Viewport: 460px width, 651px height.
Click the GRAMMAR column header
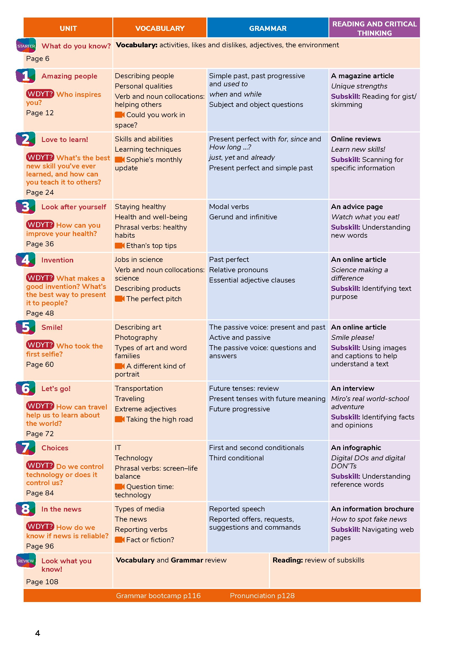[268, 28]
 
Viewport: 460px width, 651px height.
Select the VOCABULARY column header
[160, 28]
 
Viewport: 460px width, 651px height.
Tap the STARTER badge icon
[26, 46]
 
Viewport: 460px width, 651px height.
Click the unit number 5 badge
[26, 327]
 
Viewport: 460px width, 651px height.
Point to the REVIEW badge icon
[26, 561]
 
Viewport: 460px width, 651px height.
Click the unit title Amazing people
[70, 76]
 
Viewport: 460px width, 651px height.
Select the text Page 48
[40, 313]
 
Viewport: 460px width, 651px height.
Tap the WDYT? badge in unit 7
[40, 465]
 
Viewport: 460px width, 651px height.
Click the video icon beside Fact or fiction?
[120, 540]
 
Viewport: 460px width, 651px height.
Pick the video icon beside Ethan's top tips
[120, 245]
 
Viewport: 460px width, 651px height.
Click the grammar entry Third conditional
[236, 458]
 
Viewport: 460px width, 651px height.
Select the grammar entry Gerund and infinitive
[243, 217]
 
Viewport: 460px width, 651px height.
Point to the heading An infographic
[356, 448]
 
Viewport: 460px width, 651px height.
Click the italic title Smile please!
[352, 337]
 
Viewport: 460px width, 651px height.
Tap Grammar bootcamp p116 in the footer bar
[158, 596]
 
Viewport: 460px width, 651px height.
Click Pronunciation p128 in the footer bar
[262, 596]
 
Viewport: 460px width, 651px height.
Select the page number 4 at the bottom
[37, 633]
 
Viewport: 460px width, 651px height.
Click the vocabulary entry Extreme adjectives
[145, 409]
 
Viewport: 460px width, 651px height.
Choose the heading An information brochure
[372, 509]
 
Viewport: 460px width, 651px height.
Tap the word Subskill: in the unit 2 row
[345, 160]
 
